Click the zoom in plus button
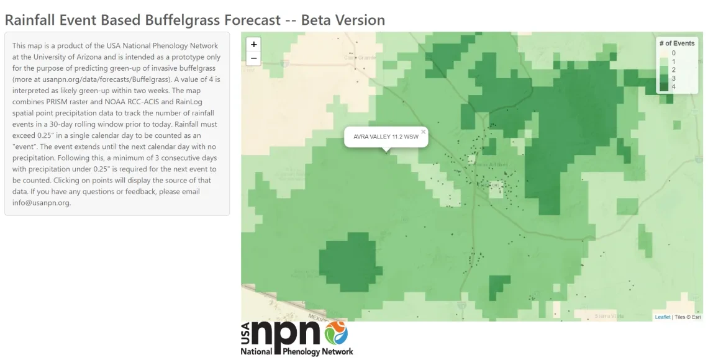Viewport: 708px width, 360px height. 253,45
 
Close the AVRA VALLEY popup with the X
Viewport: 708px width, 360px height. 424,132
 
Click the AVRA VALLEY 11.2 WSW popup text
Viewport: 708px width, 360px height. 386,137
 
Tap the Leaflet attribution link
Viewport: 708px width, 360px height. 663,317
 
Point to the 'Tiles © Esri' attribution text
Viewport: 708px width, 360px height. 688,317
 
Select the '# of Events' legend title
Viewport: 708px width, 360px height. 677,43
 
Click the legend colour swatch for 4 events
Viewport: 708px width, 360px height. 664,87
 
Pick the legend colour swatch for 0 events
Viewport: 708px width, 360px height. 664,53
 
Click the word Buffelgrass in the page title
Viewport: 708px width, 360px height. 182,20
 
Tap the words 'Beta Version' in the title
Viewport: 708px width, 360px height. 343,20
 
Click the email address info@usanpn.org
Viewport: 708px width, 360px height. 42,202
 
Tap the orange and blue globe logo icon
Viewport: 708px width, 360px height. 337,333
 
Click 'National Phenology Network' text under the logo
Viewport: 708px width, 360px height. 297,351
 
